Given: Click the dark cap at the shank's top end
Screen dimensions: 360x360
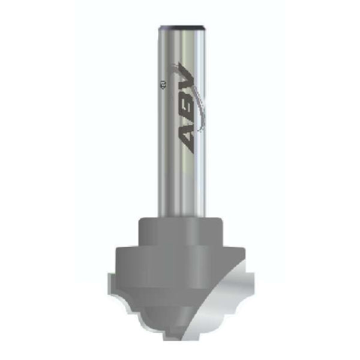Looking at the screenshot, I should pyautogui.click(x=181, y=27).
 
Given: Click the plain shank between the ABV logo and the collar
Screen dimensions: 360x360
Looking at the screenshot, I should pyautogui.click(x=180, y=186).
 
